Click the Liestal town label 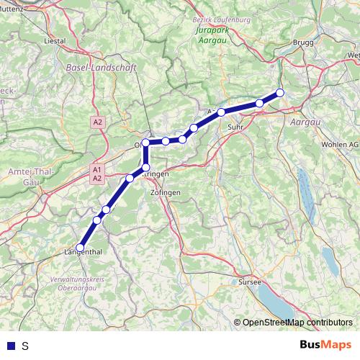coord(55,41)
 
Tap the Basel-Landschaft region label coord(100,67)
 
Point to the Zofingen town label coord(166,194)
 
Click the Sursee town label coord(249,282)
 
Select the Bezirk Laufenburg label coord(222,19)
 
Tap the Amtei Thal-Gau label coord(27,177)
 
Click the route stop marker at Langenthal coord(80,248)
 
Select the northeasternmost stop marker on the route coord(280,92)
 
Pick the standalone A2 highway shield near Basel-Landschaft coord(98,122)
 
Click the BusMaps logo coord(326,345)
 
